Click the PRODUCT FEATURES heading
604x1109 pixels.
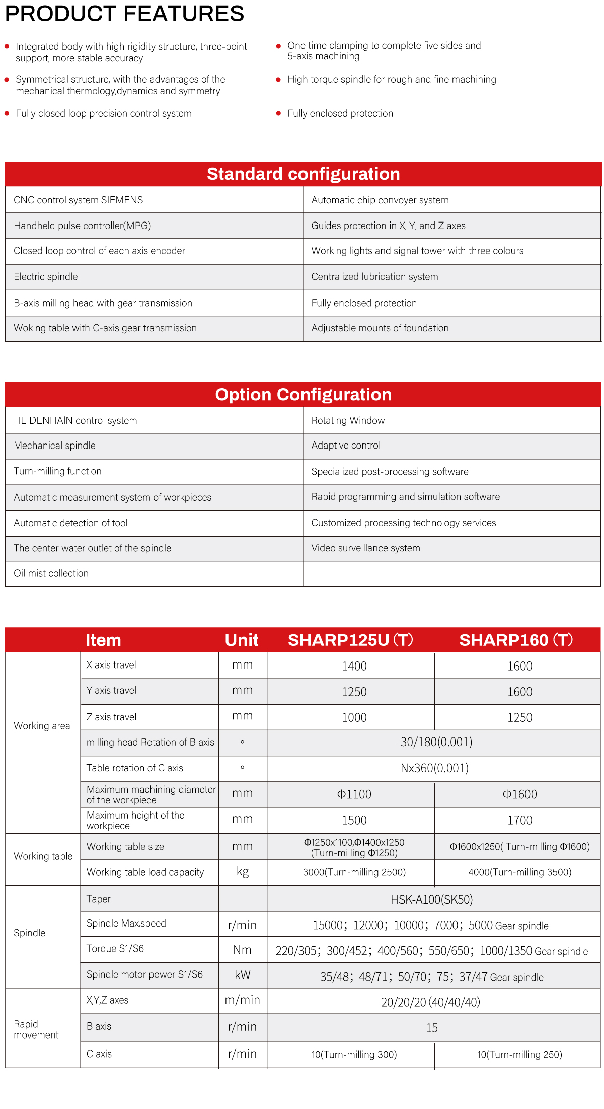click(x=124, y=14)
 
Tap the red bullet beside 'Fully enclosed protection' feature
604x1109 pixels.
click(x=278, y=113)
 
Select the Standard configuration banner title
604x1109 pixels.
click(x=303, y=174)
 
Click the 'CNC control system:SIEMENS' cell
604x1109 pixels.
click(x=79, y=200)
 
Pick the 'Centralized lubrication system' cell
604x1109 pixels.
click(x=374, y=276)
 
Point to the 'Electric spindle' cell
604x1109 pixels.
click(x=46, y=276)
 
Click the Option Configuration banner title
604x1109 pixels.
click(x=303, y=394)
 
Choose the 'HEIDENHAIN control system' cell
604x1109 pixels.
click(x=75, y=420)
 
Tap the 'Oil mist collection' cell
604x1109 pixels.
click(x=51, y=573)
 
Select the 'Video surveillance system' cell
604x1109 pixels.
click(x=365, y=548)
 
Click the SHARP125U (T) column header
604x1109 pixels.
click(x=350, y=640)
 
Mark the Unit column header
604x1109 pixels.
click(x=242, y=640)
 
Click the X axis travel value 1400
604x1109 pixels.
click(x=354, y=666)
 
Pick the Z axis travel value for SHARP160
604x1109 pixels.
click(x=519, y=717)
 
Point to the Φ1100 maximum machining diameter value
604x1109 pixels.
click(x=354, y=794)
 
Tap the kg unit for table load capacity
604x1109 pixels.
click(x=243, y=872)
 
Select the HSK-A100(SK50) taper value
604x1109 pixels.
click(x=431, y=899)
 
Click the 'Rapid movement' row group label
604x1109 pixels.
click(x=36, y=1029)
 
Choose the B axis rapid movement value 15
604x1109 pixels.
click(x=432, y=1028)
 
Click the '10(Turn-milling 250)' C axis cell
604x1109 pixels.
click(x=519, y=1054)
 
